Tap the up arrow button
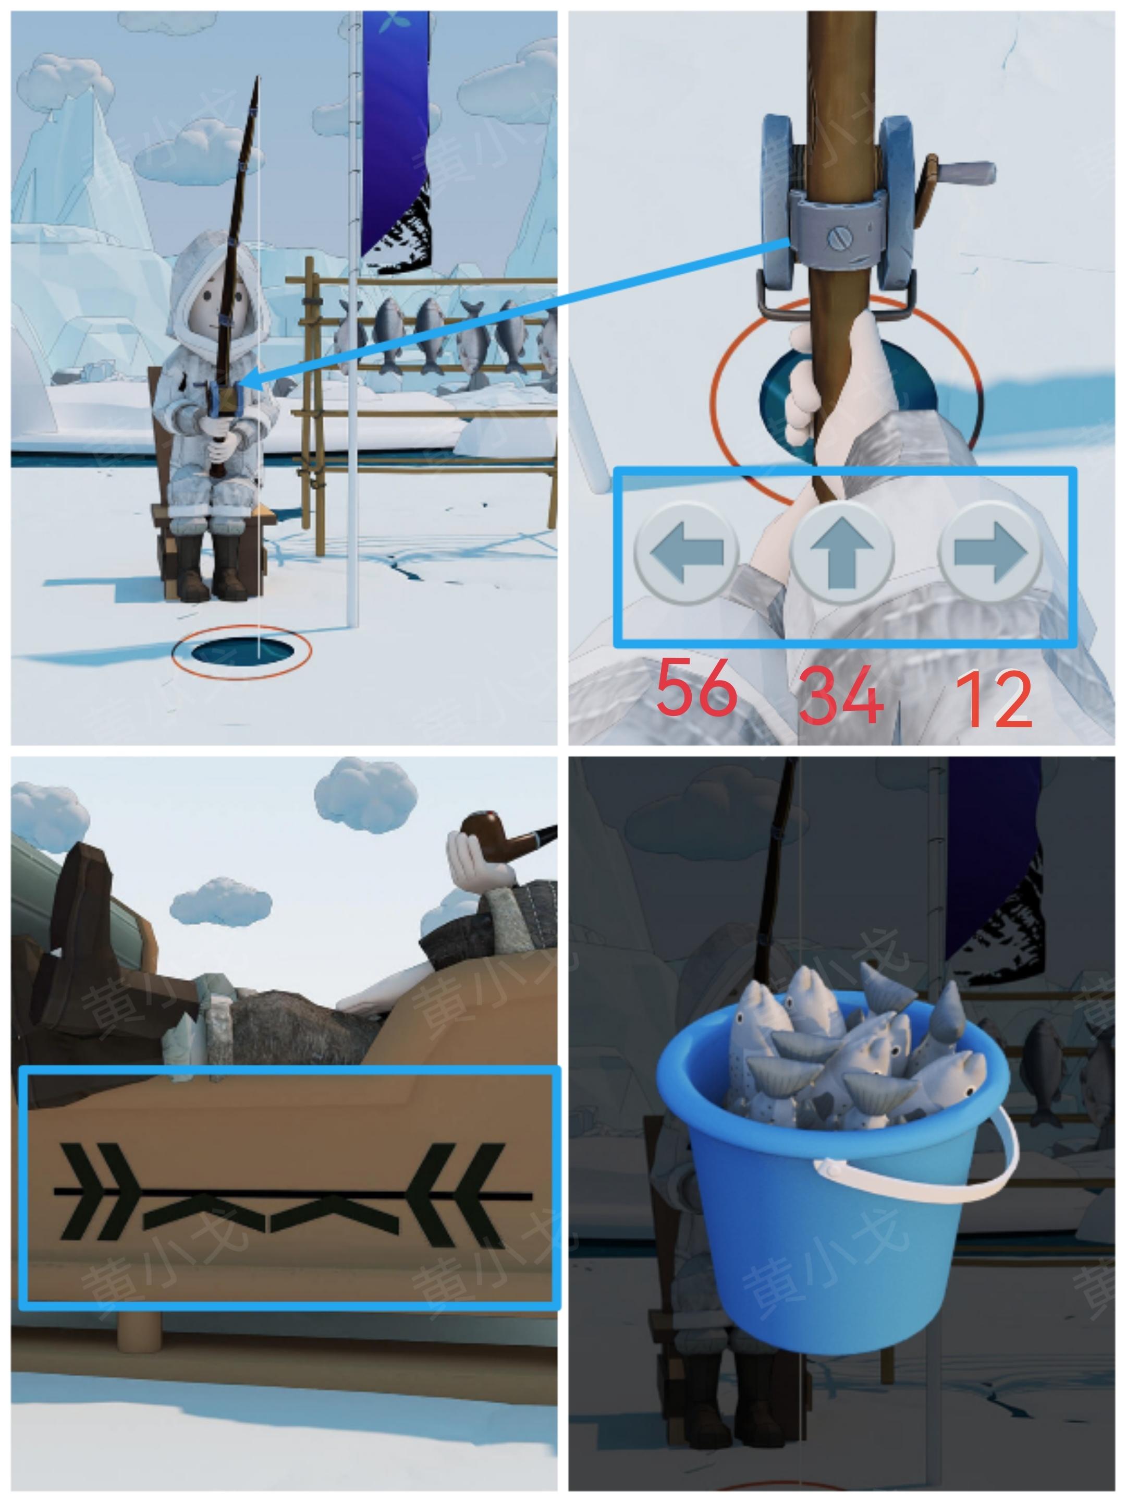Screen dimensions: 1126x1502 pos(841,552)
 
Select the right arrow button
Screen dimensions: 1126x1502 pos(990,552)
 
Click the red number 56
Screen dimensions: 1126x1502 pos(697,687)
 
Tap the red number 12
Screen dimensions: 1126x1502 pos(995,699)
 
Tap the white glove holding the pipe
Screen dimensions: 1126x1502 pos(479,863)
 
